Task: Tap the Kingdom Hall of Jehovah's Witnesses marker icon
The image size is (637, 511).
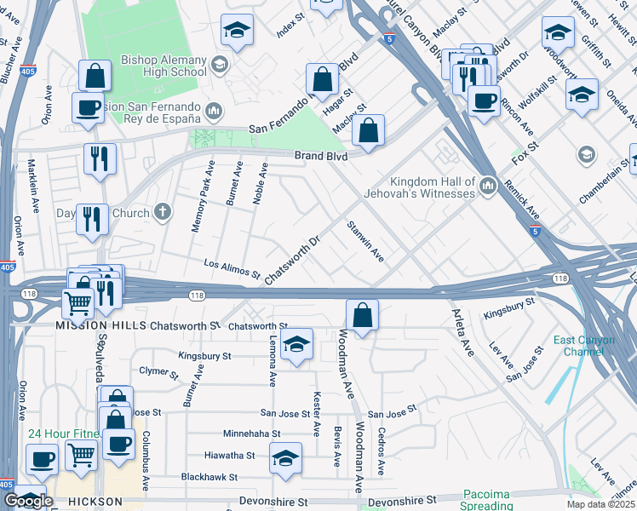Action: tap(488, 184)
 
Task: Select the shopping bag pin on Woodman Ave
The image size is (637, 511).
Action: tap(363, 314)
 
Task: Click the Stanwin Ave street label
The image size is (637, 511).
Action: tap(364, 241)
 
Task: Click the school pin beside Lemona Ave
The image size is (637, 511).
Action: tap(296, 345)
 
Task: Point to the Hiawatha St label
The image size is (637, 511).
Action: tap(227, 456)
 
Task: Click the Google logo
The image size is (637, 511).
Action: tap(28, 501)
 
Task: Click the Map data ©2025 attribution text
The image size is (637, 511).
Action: tap(601, 504)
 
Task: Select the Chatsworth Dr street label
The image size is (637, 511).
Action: tap(291, 261)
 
